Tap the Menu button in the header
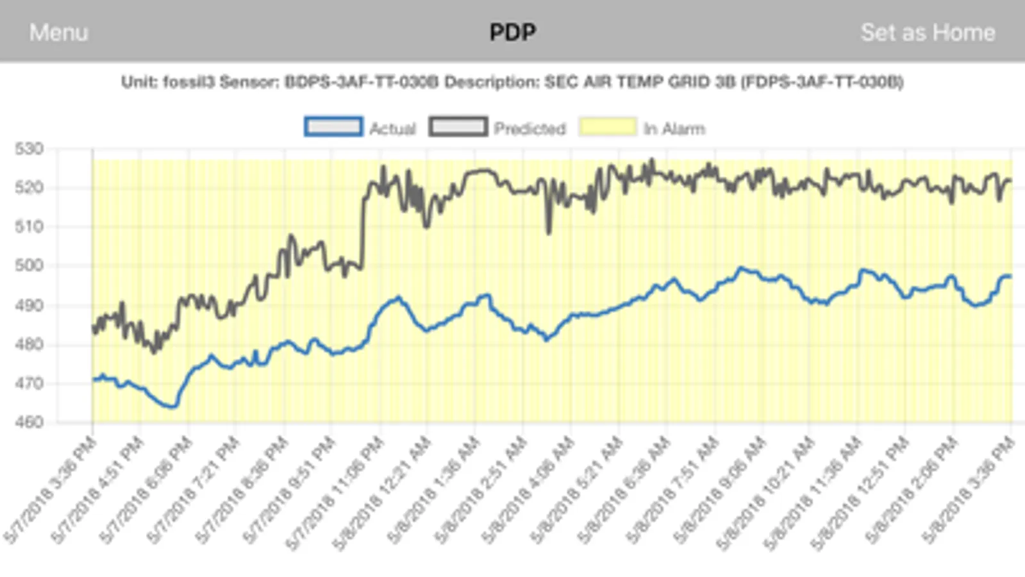[x=58, y=32]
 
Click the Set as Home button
[x=927, y=32]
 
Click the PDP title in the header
[x=512, y=32]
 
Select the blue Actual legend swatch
[x=333, y=127]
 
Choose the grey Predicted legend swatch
[x=458, y=127]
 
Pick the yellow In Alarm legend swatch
[x=608, y=127]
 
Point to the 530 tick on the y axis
[x=29, y=149]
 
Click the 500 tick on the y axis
[x=29, y=265]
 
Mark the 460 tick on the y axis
[x=29, y=422]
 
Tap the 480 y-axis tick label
[x=29, y=344]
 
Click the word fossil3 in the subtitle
[x=188, y=82]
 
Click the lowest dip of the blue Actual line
[x=172, y=406]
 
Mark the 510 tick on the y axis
[x=29, y=226]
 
